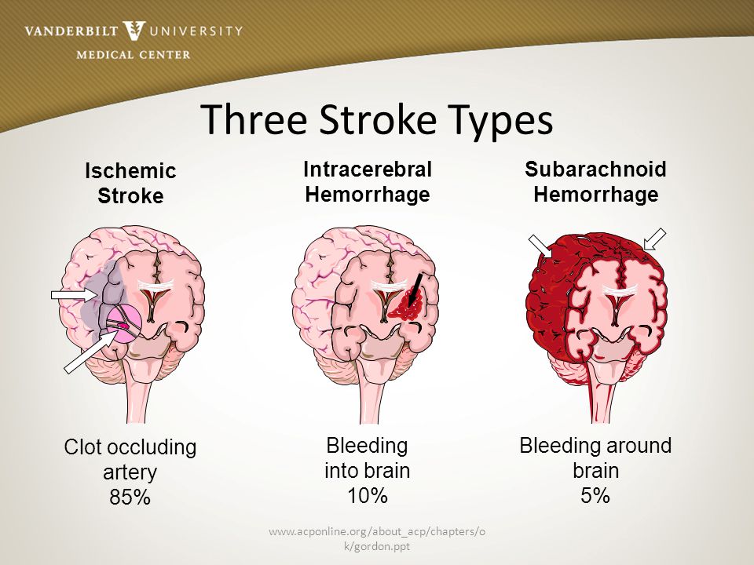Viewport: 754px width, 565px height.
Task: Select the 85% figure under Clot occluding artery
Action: (130, 498)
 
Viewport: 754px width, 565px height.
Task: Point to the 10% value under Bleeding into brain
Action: (368, 495)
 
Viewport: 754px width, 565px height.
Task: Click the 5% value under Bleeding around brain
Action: (595, 495)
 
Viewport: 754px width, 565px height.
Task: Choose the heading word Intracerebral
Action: (368, 169)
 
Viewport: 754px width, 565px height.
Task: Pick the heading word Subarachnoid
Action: (595, 169)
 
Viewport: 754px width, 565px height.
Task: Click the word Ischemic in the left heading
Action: (130, 171)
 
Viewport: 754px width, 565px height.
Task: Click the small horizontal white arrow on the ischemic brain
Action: (72, 295)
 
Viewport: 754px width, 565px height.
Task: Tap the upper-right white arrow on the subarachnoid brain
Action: (653, 239)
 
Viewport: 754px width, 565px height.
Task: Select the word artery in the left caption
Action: (130, 473)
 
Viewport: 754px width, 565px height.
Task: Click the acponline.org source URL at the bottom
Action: (377, 538)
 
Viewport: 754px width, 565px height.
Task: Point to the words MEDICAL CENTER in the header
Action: (134, 54)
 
